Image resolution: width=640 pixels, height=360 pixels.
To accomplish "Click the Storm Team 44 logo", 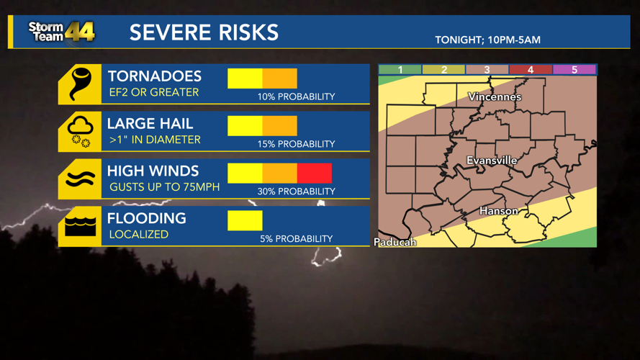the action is pos(60,32).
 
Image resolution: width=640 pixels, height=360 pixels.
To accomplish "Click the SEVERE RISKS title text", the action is pos(204,32).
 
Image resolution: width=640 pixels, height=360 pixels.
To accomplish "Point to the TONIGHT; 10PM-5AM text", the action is pos(487,40).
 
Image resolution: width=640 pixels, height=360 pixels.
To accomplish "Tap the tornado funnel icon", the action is pos(80,84).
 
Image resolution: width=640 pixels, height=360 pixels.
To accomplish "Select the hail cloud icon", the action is pos(80,132).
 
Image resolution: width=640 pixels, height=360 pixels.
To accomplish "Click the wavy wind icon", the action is pos(80,179).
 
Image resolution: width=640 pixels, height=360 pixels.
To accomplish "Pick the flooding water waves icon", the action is pos(80,226).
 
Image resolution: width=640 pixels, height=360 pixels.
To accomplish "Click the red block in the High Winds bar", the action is pos(315,173).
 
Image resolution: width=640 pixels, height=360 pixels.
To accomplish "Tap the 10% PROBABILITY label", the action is pos(296,96).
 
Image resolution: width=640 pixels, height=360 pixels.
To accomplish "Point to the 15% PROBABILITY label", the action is pos(296,144).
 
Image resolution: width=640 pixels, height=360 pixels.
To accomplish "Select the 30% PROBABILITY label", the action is pos(296,192).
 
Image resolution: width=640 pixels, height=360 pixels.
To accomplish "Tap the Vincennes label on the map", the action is pos(495,96).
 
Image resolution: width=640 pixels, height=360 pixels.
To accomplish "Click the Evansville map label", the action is pos(492,161).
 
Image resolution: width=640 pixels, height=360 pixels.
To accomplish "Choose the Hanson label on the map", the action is pos(498,211).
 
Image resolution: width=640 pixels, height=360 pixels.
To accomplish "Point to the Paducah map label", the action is pos(395,242).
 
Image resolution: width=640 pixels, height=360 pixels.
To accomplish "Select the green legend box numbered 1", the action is pos(400,70).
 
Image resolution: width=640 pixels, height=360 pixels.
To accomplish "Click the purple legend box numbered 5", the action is pos(574,70).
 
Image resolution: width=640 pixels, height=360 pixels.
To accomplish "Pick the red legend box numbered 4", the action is pos(531,70).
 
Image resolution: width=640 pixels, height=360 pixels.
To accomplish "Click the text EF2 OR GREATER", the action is pos(153,92).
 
